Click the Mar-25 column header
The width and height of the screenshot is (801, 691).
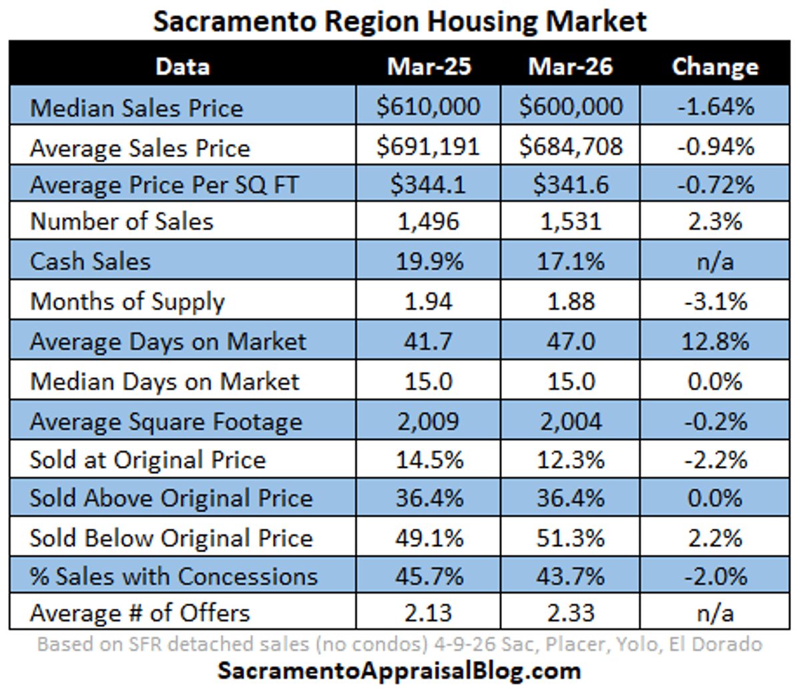click(x=429, y=66)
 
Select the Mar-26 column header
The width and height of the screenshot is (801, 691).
click(x=570, y=66)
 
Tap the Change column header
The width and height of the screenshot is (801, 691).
click(x=715, y=66)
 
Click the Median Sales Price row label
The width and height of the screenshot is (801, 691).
click(x=137, y=107)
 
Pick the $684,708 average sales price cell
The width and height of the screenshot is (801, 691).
click(x=571, y=146)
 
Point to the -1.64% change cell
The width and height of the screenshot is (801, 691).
click(x=715, y=107)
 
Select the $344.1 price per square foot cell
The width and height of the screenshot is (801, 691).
click(x=429, y=184)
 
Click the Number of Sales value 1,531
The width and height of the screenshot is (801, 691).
click(x=571, y=222)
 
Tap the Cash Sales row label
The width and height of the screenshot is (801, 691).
click(x=91, y=261)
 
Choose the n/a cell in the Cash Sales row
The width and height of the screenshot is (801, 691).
click(x=715, y=261)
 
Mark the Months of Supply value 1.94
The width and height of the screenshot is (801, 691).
click(x=429, y=301)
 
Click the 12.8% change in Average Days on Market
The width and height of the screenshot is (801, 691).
click(x=715, y=341)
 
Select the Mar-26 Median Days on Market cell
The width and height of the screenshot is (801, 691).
click(x=571, y=381)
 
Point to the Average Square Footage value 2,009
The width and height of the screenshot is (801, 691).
click(x=429, y=421)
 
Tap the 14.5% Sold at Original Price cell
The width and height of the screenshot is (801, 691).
click(x=429, y=460)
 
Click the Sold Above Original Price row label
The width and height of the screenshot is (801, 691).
click(x=171, y=499)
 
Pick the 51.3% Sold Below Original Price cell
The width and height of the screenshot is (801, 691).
click(x=571, y=538)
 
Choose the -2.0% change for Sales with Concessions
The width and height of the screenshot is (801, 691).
click(x=715, y=576)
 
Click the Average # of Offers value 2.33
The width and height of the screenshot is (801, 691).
click(x=571, y=613)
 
